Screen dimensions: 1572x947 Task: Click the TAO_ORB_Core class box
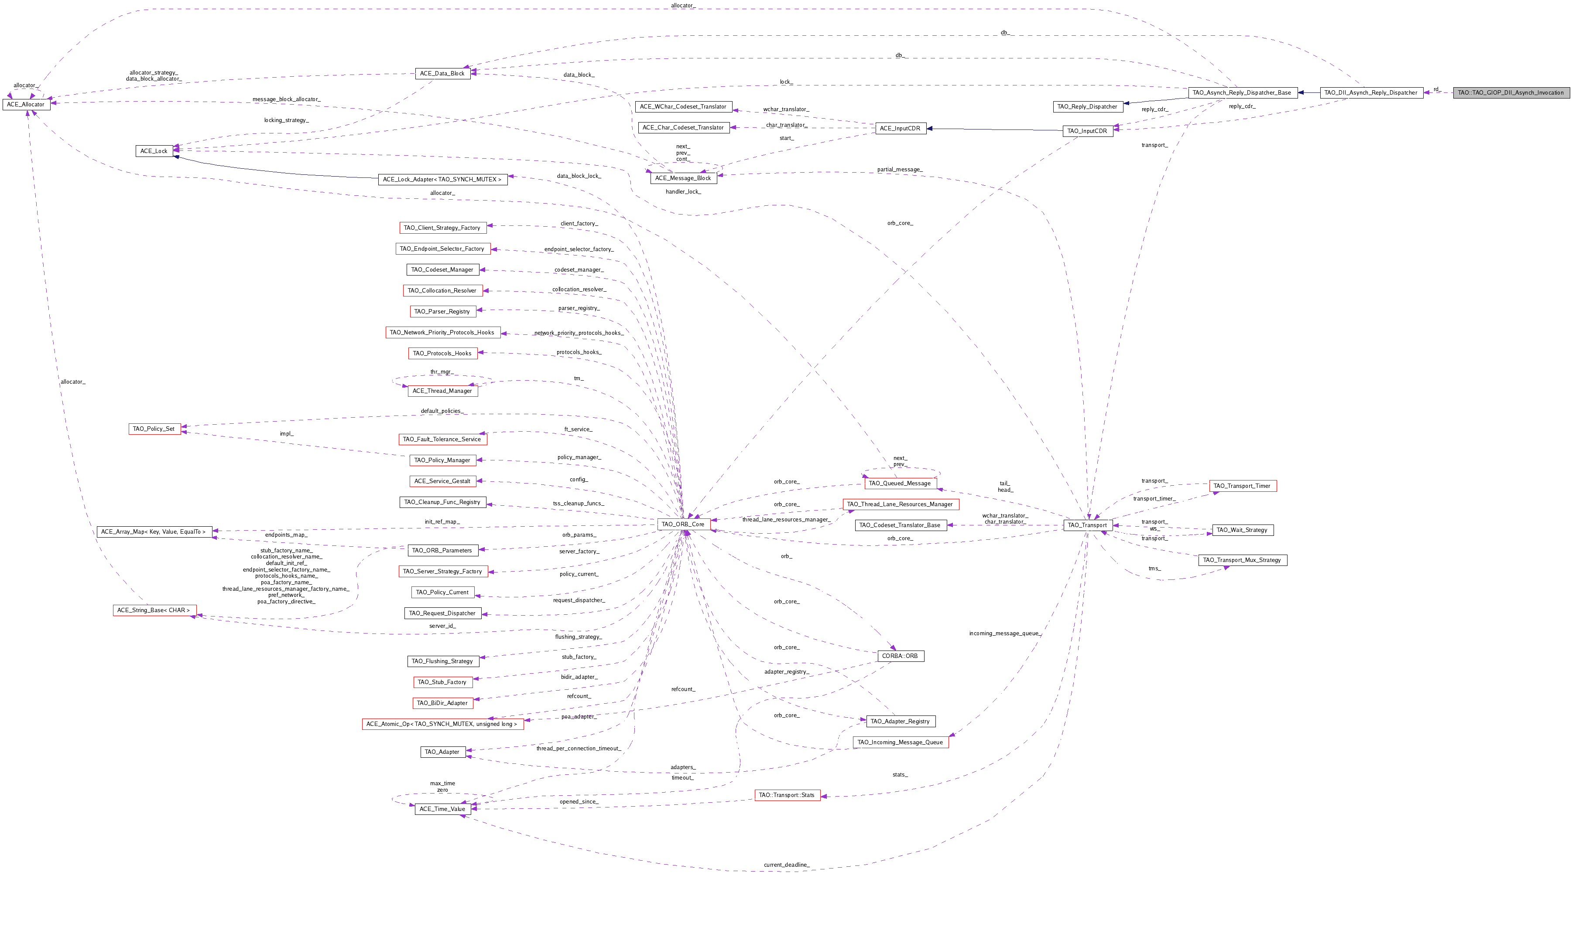point(683,524)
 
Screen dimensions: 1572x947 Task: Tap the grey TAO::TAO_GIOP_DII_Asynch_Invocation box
point(1510,92)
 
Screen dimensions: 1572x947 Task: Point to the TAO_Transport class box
point(1087,525)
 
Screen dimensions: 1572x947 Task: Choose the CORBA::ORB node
point(900,656)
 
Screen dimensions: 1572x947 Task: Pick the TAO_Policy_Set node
point(154,429)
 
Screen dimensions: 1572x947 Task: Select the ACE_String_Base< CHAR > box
point(154,610)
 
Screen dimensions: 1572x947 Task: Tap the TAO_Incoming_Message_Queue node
point(900,742)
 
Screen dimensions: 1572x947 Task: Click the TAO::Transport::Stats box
point(787,795)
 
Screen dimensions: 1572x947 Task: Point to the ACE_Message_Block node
point(683,178)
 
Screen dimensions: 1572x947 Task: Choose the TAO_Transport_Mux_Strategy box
point(1242,560)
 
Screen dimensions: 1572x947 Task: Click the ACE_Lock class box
point(154,151)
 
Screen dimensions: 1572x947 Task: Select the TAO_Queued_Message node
point(900,484)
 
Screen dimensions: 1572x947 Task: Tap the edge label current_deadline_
point(786,865)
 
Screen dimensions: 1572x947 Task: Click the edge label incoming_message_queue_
point(1005,633)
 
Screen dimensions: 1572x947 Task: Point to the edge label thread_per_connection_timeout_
point(578,748)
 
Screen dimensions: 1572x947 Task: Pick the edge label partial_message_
point(900,170)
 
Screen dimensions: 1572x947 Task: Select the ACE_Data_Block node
point(442,73)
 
